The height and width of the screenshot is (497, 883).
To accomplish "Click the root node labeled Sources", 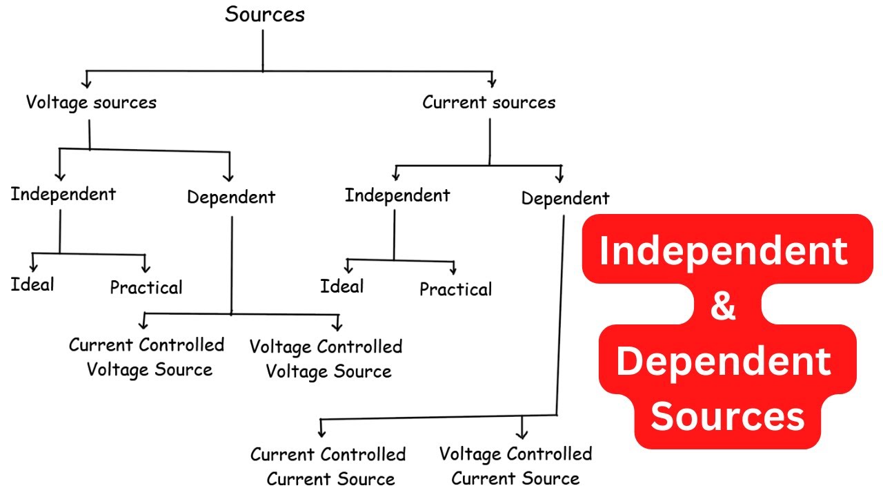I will (x=265, y=14).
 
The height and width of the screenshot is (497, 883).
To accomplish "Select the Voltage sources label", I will (x=91, y=103).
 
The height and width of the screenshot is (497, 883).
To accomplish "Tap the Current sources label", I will (x=488, y=103).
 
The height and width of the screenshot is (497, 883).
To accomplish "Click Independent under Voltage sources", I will (x=63, y=194).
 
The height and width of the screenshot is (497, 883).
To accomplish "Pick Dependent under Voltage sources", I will (x=231, y=197).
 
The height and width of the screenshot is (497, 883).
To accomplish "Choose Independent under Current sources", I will (x=397, y=195).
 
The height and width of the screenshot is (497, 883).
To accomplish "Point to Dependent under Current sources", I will (x=565, y=199).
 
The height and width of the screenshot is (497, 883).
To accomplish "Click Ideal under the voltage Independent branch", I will (x=32, y=284).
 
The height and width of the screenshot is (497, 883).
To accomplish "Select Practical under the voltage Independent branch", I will (x=146, y=287).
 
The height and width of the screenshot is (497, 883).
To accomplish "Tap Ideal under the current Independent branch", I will (x=341, y=286).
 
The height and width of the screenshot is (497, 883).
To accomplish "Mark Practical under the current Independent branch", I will (x=456, y=289).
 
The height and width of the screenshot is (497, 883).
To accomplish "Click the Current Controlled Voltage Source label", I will (x=147, y=357).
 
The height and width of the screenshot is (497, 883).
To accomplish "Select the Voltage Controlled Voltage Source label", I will (x=326, y=359).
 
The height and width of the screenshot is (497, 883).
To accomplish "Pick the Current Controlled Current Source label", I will (x=328, y=467).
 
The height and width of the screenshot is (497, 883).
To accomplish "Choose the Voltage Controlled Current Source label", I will (x=515, y=466).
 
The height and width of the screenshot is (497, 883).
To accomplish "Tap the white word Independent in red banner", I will (x=724, y=251).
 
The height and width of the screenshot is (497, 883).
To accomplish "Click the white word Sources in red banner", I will (x=728, y=417).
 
